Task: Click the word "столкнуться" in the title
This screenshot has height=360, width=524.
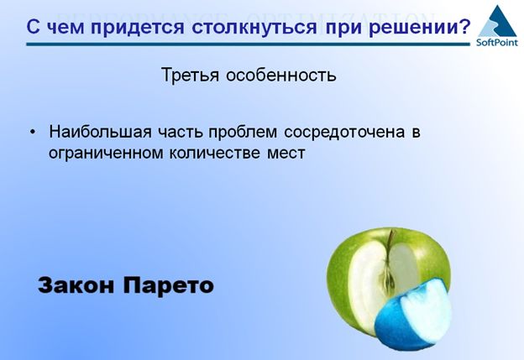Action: tap(254, 27)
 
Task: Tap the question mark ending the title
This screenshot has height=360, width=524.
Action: tap(465, 26)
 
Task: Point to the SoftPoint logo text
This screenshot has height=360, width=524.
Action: tap(497, 42)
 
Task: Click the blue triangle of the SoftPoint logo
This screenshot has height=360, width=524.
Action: tap(498, 21)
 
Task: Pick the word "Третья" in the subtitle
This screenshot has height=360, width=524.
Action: tap(190, 75)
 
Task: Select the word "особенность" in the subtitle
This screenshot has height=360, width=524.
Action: tap(280, 75)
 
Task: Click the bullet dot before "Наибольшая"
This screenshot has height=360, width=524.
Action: tap(33, 132)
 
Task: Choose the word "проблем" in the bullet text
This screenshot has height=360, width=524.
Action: tap(243, 133)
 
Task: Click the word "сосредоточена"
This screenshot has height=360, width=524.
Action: tap(344, 133)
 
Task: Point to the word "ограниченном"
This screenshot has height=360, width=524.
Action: tap(106, 154)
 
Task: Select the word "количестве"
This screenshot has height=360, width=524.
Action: tap(214, 153)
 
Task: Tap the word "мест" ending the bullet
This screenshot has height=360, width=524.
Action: tap(286, 154)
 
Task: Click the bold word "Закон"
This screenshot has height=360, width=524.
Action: tap(76, 285)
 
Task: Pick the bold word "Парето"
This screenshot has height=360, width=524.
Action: tap(169, 286)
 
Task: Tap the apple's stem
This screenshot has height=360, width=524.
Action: tap(388, 239)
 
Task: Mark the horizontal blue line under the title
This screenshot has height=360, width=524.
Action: tap(248, 44)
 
